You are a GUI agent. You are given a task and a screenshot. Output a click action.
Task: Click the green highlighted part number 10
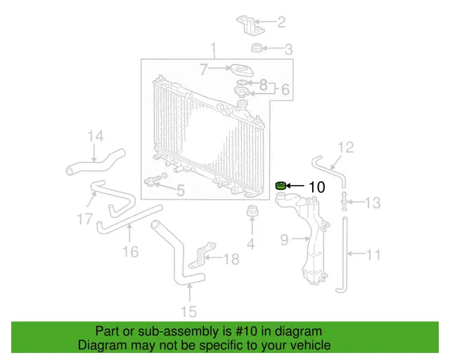281,186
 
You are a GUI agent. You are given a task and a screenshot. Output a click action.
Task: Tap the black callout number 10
317,187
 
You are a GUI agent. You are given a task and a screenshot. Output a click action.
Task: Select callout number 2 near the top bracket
281,22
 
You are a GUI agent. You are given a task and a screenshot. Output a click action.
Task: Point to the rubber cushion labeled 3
257,49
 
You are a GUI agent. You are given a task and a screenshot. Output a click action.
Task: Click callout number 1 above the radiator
213,49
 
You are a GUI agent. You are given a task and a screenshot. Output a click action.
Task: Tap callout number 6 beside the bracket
286,89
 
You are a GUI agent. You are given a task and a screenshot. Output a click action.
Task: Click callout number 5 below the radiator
180,190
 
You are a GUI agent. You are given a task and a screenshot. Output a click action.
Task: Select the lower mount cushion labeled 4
252,212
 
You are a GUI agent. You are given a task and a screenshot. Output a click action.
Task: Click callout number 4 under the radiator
251,244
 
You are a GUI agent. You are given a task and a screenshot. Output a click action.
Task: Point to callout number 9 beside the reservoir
285,240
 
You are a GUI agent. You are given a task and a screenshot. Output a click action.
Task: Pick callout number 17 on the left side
85,219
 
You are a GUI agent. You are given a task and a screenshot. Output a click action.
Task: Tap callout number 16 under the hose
131,250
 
